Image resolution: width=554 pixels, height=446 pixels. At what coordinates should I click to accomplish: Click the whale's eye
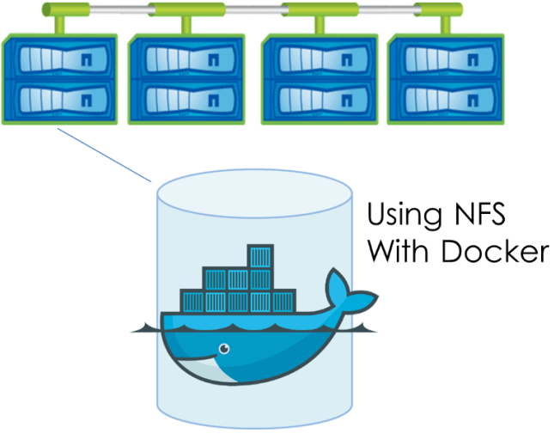coord(224,349)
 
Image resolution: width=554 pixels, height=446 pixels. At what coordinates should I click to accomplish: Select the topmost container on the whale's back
coord(259,256)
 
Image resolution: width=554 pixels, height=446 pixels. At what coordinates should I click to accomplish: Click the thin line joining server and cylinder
coord(103,156)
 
